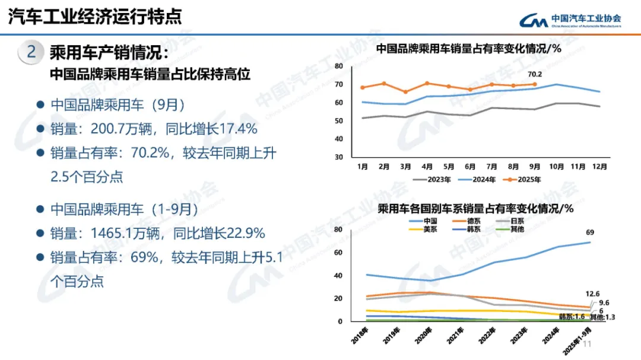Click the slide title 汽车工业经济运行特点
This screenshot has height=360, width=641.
click(96, 17)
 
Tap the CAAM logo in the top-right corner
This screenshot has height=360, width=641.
click(570, 20)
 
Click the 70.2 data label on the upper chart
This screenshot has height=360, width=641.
click(535, 74)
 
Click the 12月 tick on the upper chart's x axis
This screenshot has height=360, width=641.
click(601, 167)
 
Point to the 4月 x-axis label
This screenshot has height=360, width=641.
click(426, 167)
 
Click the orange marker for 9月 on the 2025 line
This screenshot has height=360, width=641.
click(535, 84)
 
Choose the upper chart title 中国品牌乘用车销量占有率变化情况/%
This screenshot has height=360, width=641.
click(468, 49)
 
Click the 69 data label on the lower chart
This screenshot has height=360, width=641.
click(590, 232)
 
